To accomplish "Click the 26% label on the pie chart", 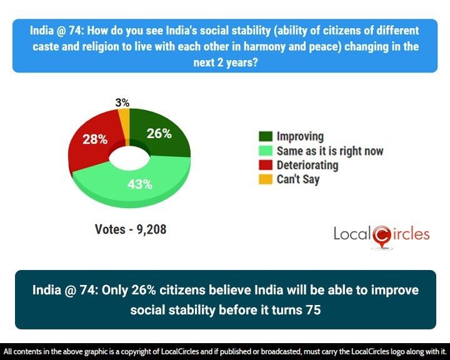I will [x=160, y=133].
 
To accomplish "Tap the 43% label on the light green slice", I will [x=140, y=184].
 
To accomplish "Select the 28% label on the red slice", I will [x=94, y=139].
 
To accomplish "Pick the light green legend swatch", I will [x=266, y=151].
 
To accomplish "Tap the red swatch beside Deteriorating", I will [x=266, y=166].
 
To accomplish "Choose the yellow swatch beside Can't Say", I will [x=266, y=180].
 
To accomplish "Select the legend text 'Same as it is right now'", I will [x=330, y=151].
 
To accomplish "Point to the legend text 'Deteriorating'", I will [x=307, y=166].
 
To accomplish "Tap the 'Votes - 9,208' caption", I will [x=130, y=229].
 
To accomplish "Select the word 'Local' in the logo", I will [x=352, y=234].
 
